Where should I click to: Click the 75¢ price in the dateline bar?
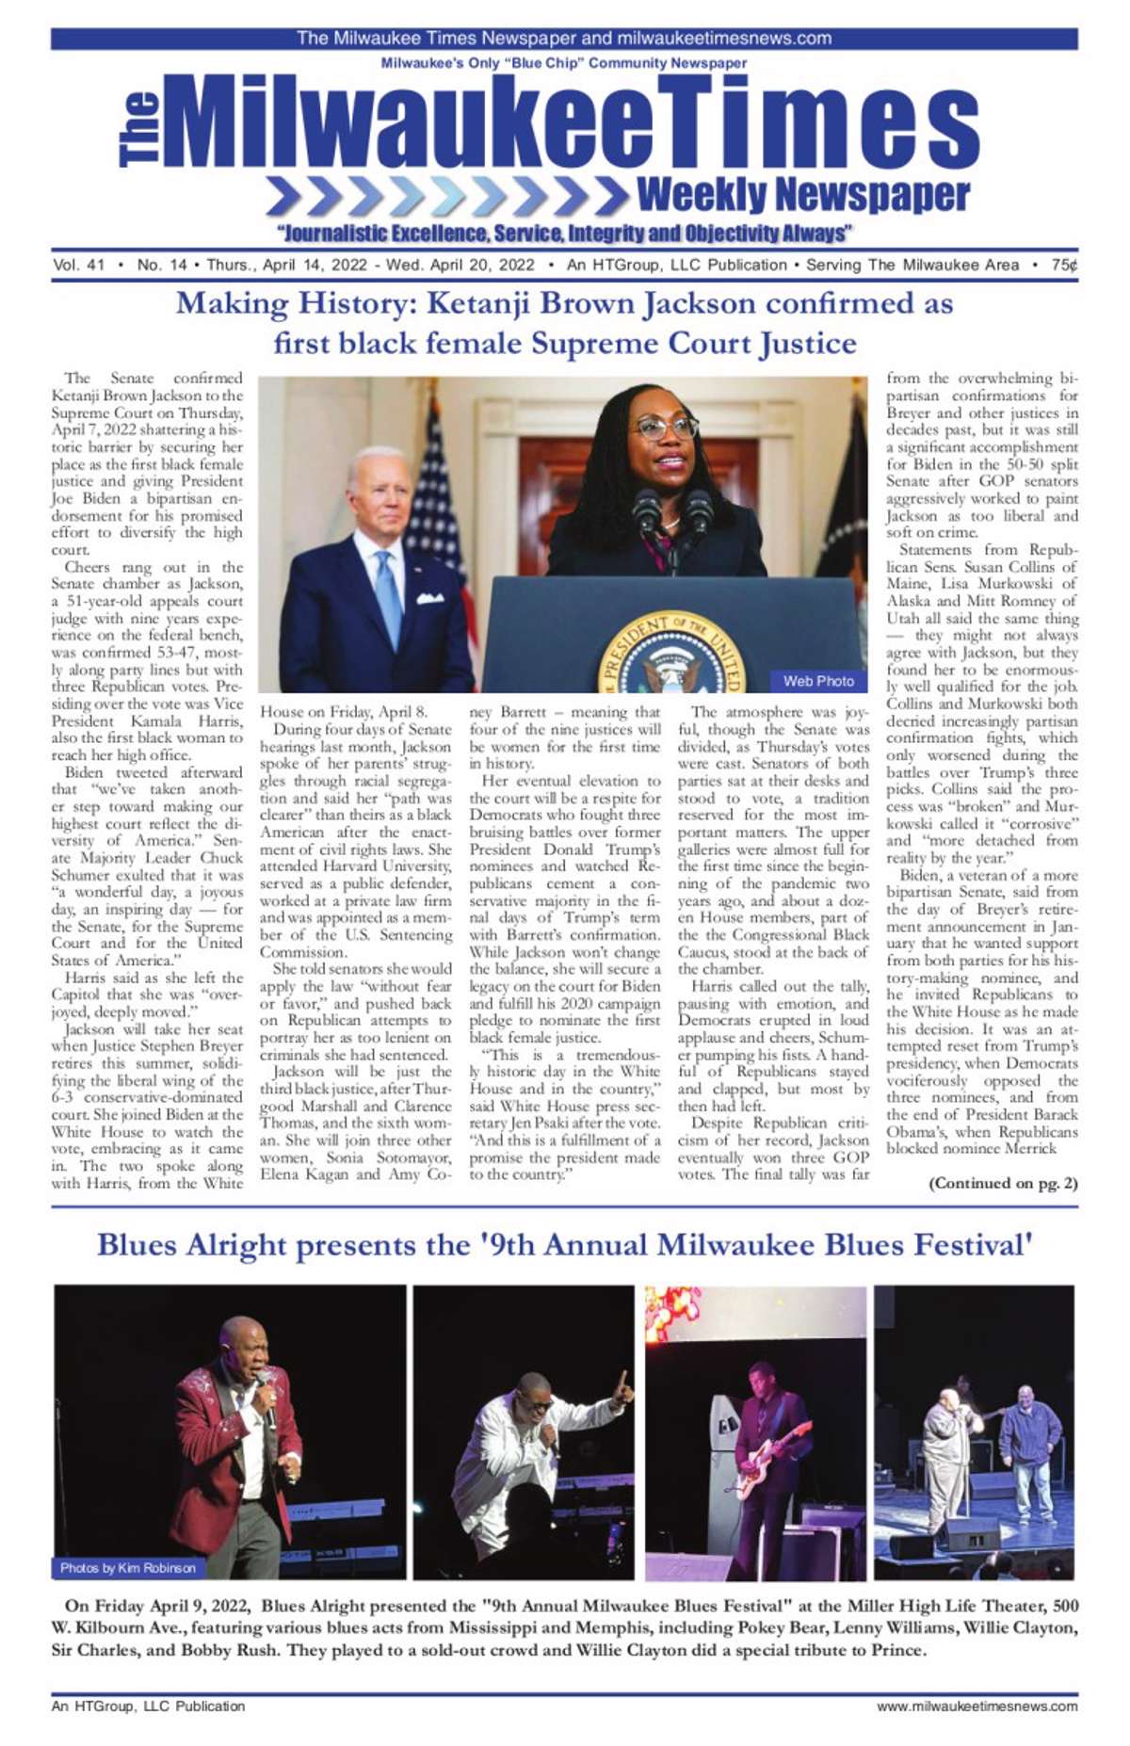coord(1064,266)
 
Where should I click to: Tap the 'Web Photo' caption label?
coord(818,681)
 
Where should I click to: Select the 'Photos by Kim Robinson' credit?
coord(128,1568)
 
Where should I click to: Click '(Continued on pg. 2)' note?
coord(1003,1183)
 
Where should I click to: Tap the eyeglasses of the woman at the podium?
coord(665,428)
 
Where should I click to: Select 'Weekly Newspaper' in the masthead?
coord(803,196)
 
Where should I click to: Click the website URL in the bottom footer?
coord(977,1706)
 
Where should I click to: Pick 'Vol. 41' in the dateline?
coord(79,266)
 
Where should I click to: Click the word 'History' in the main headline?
coord(356,304)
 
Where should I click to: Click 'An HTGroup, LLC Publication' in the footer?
coord(148,1706)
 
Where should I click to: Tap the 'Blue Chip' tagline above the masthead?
coord(564,63)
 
